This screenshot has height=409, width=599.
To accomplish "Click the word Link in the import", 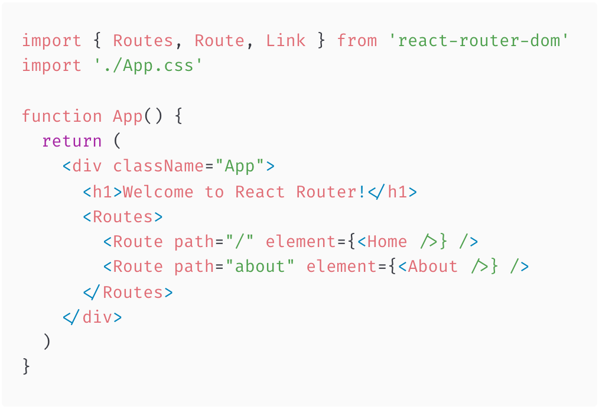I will (285, 41).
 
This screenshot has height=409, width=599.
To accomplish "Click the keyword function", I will (62, 116).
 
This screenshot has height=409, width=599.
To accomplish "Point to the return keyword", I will (72, 141).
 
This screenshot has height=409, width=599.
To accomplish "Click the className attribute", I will (158, 166).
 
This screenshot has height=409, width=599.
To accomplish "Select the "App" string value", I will (240, 166).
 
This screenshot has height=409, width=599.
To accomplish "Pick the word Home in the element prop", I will (387, 242).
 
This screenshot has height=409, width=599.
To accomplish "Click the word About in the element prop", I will (432, 267).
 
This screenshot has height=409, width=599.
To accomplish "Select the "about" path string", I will (265, 267).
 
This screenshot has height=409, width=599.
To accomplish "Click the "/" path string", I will (240, 242).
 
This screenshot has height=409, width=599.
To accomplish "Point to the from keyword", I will (357, 41).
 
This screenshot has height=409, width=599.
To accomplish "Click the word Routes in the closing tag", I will (133, 292).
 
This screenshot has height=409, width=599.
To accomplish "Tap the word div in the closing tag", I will (97, 317).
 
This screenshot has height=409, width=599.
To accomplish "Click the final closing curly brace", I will (26, 367).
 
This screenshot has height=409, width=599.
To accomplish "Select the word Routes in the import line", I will (143, 41).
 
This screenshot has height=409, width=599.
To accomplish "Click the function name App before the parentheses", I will (128, 116).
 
